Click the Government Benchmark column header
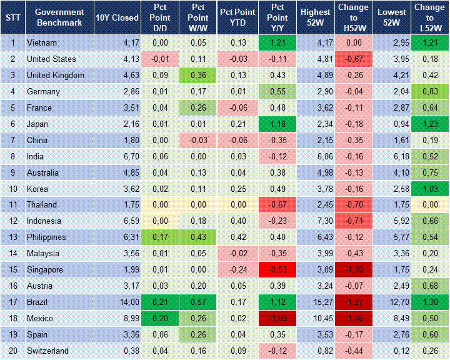(60, 17)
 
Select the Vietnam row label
(42, 43)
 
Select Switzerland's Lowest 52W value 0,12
(392, 351)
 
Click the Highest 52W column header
(315, 17)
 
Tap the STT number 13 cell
(12, 237)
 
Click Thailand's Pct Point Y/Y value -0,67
(276, 205)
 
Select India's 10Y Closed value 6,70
(117, 156)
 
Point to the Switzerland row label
(47, 351)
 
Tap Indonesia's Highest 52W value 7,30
(315, 221)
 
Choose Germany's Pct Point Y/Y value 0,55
(276, 92)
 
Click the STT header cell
(12, 17)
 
